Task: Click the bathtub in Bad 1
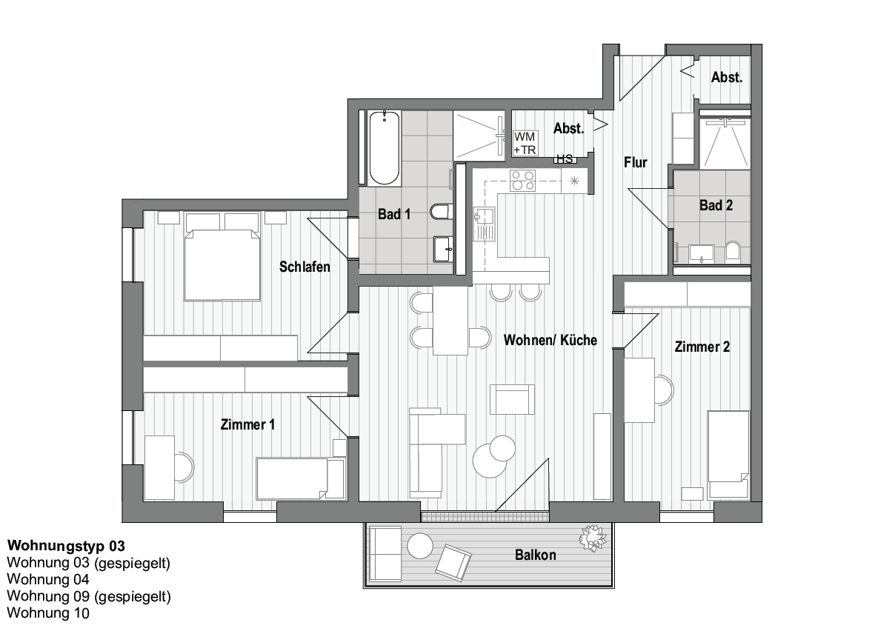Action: point(384,148)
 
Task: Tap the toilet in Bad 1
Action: point(442,212)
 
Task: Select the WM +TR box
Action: point(525,144)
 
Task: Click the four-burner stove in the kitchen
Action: point(522,181)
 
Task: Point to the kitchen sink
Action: point(485,224)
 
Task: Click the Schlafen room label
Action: point(305,267)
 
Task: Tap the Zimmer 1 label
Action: point(247,424)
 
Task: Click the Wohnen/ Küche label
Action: point(550,340)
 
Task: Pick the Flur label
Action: point(635,162)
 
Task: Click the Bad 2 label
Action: point(716,205)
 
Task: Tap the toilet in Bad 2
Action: point(733,252)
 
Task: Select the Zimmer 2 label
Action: point(702,347)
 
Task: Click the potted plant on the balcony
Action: point(593,538)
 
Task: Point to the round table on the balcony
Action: point(420,546)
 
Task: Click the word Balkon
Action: point(536,555)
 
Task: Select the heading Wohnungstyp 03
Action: point(67,546)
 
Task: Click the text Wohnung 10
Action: point(48,612)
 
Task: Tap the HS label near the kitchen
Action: point(565,159)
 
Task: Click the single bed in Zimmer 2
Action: point(728,455)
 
